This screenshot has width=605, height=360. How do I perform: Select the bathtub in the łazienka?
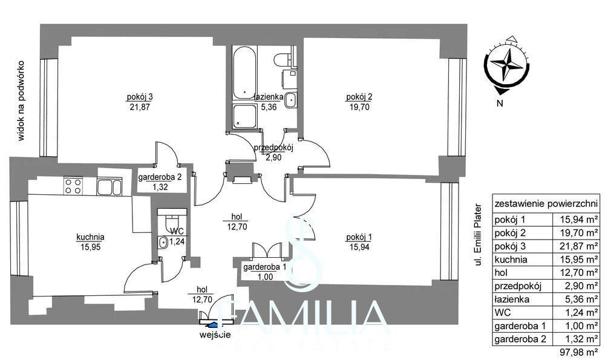click(244, 73)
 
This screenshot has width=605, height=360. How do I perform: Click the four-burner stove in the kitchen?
click(73, 186)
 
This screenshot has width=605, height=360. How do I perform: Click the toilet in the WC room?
click(169, 223)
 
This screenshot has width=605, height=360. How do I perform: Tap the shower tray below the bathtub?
click(244, 116)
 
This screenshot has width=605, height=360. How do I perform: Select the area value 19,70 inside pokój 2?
click(359, 107)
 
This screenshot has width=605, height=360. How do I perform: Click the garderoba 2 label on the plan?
click(160, 177)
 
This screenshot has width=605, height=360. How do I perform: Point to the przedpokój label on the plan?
click(273, 147)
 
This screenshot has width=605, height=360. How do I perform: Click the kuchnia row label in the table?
click(511, 260)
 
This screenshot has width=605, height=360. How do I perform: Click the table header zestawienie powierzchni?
click(546, 203)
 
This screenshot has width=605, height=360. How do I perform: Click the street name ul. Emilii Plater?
click(479, 235)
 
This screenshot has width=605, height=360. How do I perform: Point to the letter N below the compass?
click(500, 103)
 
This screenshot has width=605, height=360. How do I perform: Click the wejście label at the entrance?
click(215, 335)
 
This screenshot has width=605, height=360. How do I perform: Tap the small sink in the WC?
click(162, 243)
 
